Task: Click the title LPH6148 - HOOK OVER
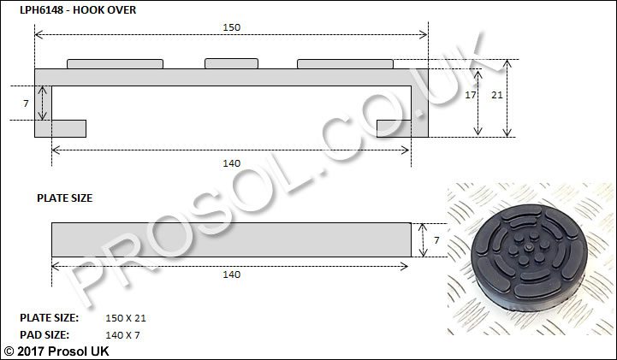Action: tap(78, 9)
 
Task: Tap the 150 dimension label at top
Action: tap(231, 27)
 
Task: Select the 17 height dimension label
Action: tap(470, 95)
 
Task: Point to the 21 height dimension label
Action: tap(497, 95)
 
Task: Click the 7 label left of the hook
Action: tap(26, 103)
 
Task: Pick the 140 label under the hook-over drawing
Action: tap(231, 163)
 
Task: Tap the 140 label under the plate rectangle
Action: tap(231, 274)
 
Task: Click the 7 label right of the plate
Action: tap(436, 240)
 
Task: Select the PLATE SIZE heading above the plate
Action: tap(64, 198)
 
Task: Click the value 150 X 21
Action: tap(126, 318)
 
